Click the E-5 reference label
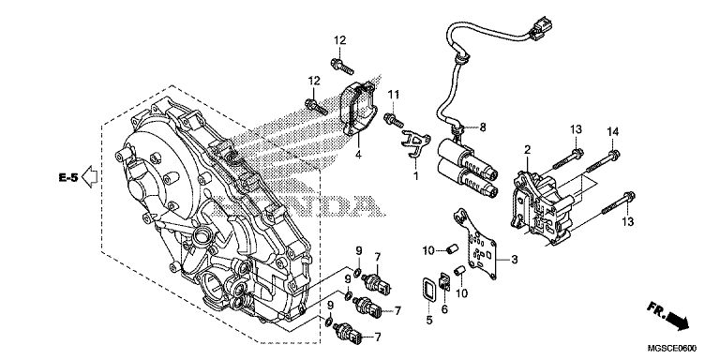68,177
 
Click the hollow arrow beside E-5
89,177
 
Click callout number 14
612,132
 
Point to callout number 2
528,149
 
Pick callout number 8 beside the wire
483,127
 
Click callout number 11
393,95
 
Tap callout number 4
358,155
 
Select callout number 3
515,260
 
